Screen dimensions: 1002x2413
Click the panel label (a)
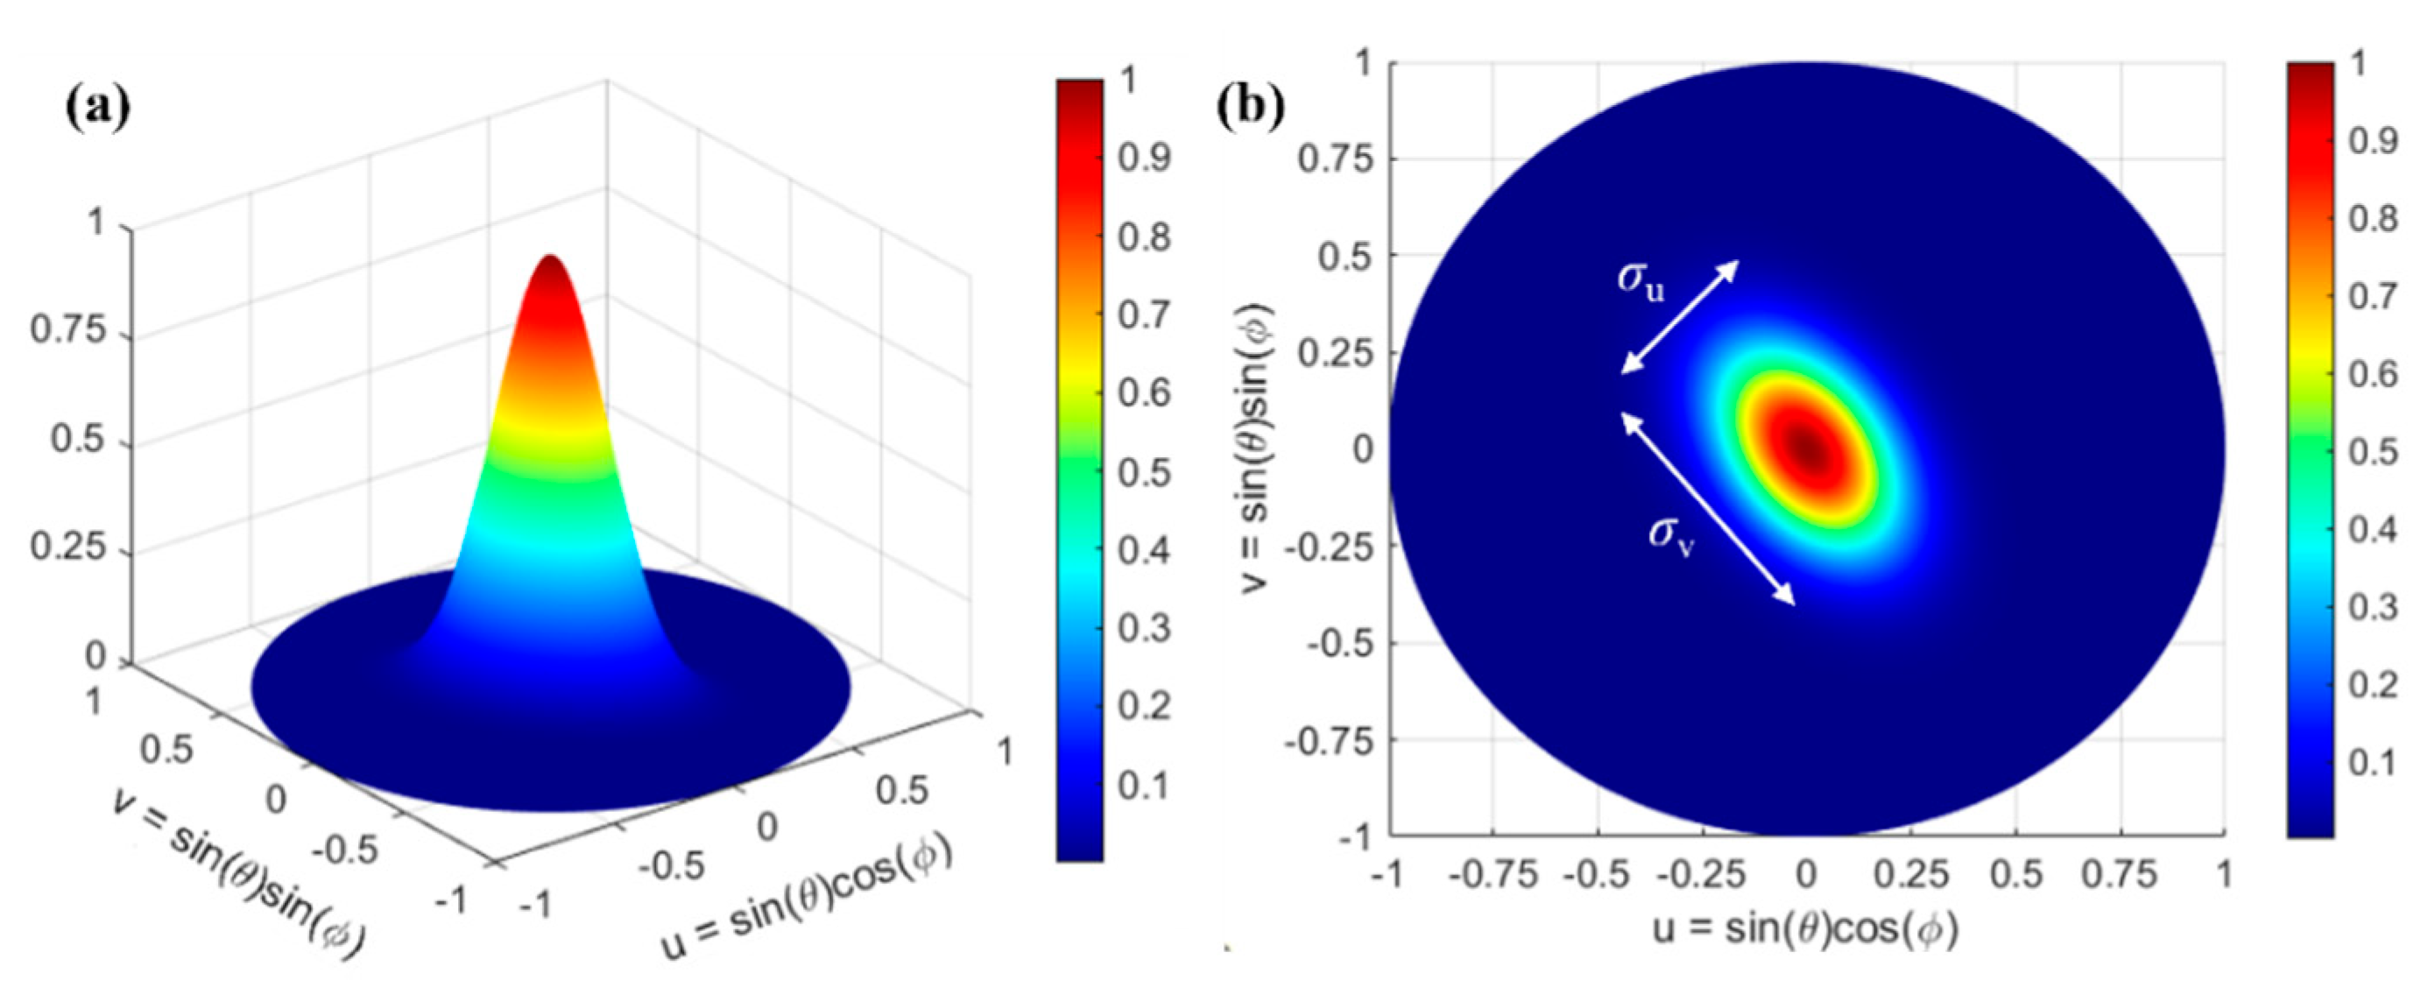(96, 109)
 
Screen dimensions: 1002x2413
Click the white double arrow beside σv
(1707, 509)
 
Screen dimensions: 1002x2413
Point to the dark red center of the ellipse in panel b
(1804, 448)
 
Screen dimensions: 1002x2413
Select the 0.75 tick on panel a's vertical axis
(69, 330)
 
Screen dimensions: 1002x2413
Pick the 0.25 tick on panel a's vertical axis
(69, 547)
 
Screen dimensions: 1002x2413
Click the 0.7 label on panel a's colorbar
(1144, 314)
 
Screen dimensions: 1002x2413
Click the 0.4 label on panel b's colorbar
(2373, 530)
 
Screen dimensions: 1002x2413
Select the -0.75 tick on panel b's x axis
(1493, 876)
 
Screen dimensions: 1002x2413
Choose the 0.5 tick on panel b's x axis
(2014, 876)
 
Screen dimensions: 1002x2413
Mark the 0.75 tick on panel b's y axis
(1336, 159)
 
